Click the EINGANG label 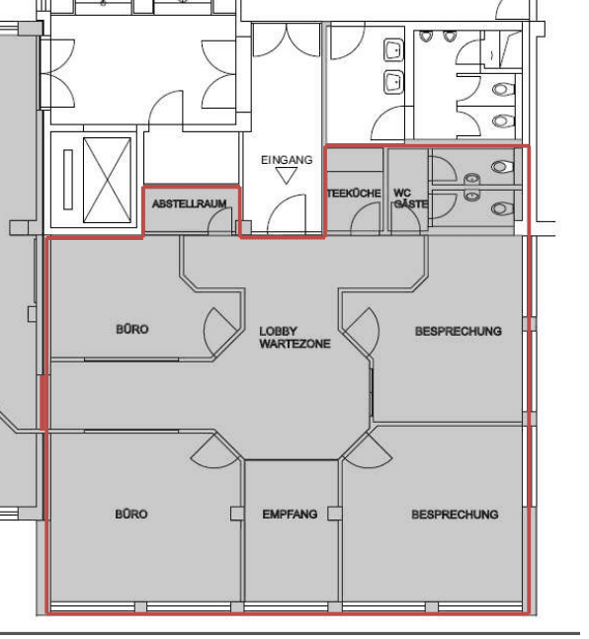(287, 160)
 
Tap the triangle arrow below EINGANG (287, 176)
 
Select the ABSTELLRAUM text (190, 203)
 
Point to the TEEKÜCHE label (354, 194)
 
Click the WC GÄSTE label (410, 199)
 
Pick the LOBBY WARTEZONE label (294, 338)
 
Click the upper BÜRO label (132, 329)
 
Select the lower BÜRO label (131, 515)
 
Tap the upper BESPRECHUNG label (459, 331)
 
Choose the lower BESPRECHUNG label (455, 515)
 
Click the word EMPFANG (290, 515)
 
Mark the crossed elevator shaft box (108, 180)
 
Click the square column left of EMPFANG (237, 514)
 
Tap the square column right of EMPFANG (334, 514)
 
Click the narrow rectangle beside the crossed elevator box (68, 180)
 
